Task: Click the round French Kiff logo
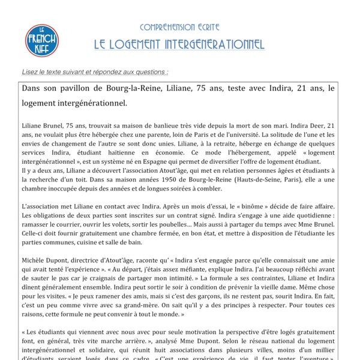(41, 40)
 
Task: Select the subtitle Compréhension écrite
(179, 27)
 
